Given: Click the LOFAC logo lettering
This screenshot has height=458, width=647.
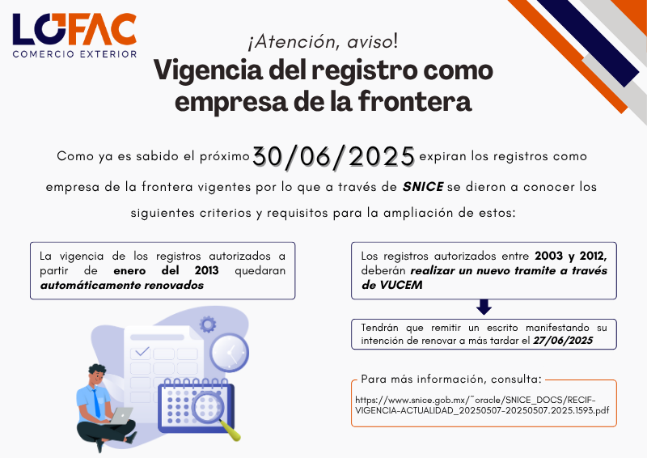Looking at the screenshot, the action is pos(74,29).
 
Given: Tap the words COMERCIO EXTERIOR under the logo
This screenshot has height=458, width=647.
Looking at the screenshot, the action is pos(74,54).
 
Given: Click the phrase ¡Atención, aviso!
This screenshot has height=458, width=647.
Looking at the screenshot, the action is pos(323,42).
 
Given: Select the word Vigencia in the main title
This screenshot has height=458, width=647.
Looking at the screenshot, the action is pos(209,70).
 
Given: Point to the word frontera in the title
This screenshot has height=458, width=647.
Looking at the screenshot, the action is pos(415,101).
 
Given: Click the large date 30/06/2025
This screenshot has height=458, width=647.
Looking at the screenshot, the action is pos(333,156).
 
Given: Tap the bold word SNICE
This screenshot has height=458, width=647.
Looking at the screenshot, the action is pos(423,187).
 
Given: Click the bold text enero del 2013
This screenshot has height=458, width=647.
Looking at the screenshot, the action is pos(166,270).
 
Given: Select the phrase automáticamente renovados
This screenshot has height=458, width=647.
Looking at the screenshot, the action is pos(122,285).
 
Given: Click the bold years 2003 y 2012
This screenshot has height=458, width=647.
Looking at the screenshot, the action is pos(571,256).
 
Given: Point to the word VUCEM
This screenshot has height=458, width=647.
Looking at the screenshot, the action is pos(400,285).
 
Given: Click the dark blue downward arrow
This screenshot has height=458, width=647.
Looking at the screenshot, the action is pos(484,307).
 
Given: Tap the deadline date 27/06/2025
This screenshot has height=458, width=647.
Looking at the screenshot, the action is pos(563,341).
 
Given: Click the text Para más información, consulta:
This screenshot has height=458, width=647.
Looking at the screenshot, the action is pos(451,380).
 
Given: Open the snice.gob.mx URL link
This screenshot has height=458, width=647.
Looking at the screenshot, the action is pos(482,405).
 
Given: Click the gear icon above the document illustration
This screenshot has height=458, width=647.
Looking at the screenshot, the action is pos(208,324).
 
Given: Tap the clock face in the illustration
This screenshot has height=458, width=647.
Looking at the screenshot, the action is pos(230,353).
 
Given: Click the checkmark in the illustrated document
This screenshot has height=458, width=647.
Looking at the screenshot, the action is pos(142,352).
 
